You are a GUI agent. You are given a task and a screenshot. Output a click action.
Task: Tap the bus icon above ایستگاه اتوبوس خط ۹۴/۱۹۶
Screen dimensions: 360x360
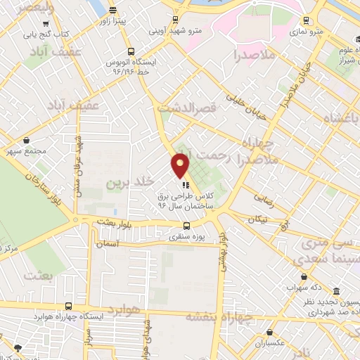(131, 51)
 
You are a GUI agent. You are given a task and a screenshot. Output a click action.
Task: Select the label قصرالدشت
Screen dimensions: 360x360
(184, 108)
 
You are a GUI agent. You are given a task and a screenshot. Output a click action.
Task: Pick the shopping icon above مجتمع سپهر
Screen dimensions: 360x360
(26, 139)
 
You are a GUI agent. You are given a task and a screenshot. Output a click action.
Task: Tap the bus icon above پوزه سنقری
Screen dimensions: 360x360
(186, 226)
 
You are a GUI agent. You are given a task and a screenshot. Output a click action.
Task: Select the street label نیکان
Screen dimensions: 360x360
(256, 219)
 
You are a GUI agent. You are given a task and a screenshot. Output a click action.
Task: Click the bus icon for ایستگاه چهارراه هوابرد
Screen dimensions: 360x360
(67, 306)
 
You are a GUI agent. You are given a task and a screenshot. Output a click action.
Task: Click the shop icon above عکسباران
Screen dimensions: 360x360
(270, 334)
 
